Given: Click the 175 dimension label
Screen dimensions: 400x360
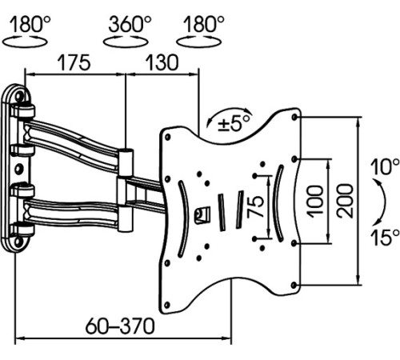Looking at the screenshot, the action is [74, 62].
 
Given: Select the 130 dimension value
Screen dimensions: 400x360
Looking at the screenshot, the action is [162, 62].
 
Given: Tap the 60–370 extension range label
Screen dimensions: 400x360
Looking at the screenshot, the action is [120, 326].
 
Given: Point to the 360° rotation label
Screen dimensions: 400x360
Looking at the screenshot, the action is [130, 24].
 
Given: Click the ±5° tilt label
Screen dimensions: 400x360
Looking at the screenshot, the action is [234, 123].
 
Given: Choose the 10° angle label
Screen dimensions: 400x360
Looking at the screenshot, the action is [385, 166].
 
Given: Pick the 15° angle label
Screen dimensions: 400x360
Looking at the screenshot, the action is [385, 237].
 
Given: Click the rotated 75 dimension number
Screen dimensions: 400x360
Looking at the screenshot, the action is [255, 206].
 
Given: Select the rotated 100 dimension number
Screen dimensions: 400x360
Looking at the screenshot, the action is [314, 202].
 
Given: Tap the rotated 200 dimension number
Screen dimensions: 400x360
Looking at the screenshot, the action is [345, 201].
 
